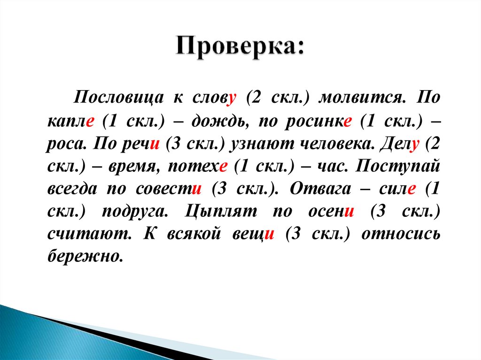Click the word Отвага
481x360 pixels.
pos(321,189)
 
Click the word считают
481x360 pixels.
pos(81,234)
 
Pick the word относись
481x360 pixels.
pos(401,234)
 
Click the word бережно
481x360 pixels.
pos(85,256)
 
